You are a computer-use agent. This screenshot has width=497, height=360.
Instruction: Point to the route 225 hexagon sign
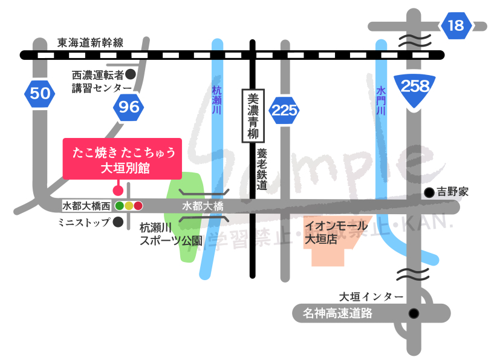click(x=284, y=110)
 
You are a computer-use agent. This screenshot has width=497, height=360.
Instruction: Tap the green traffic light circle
click(x=120, y=206)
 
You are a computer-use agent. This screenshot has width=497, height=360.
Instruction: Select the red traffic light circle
click(x=138, y=206)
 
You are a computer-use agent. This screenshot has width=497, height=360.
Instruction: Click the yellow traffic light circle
click(x=129, y=206)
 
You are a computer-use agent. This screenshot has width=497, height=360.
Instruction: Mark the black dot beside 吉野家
click(x=429, y=193)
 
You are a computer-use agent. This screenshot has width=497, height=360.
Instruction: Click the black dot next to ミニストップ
click(x=119, y=222)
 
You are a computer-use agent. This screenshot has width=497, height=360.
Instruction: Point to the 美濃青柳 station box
click(x=252, y=116)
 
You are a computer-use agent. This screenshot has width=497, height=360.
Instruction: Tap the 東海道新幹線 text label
click(x=90, y=42)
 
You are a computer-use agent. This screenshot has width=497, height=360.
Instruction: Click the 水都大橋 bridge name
click(x=203, y=206)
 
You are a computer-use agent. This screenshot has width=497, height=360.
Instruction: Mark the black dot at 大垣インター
click(x=414, y=313)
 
